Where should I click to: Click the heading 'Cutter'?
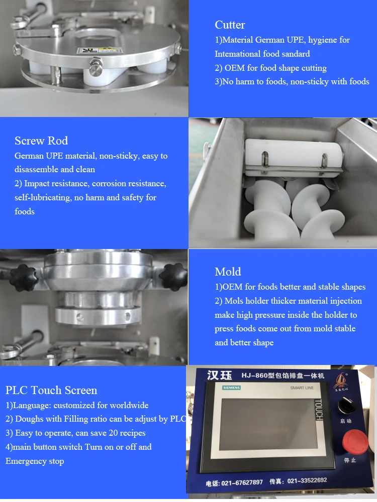[230, 25]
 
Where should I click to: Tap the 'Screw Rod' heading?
[41, 141]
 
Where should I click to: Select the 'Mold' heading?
[228, 272]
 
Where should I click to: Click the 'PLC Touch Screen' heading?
[51, 391]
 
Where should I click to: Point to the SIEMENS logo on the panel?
[231, 388]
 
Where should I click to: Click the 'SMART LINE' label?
[302, 388]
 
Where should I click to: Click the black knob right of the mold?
[173, 274]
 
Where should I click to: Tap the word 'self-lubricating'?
[43, 198]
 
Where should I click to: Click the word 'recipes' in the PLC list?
[131, 433]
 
